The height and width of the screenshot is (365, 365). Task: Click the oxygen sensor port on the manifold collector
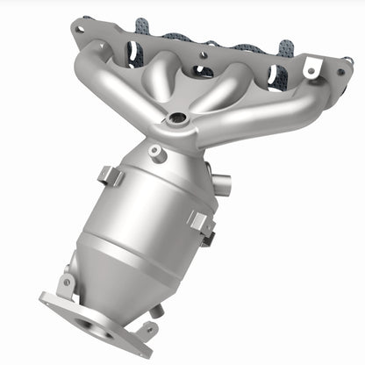[178, 118]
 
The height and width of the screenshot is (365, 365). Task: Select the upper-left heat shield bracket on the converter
[111, 175]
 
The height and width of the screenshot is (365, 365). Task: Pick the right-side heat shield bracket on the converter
[201, 224]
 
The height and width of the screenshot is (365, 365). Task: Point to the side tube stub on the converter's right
[222, 186]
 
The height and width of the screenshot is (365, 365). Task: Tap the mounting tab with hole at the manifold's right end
[310, 66]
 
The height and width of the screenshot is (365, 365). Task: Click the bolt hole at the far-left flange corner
[82, 29]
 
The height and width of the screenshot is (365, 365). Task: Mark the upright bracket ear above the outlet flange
[67, 283]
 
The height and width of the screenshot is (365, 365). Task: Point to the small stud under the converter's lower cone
[155, 310]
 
